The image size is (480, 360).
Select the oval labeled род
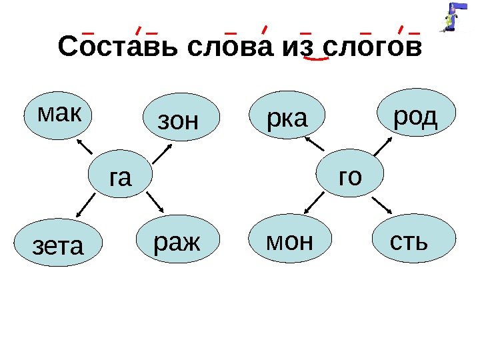tap(417, 116)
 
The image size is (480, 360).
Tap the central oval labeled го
tap(351, 175)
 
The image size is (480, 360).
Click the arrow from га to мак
tap(85, 147)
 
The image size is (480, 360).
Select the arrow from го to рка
tap(315, 143)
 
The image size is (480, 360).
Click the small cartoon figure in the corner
tap(455, 17)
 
